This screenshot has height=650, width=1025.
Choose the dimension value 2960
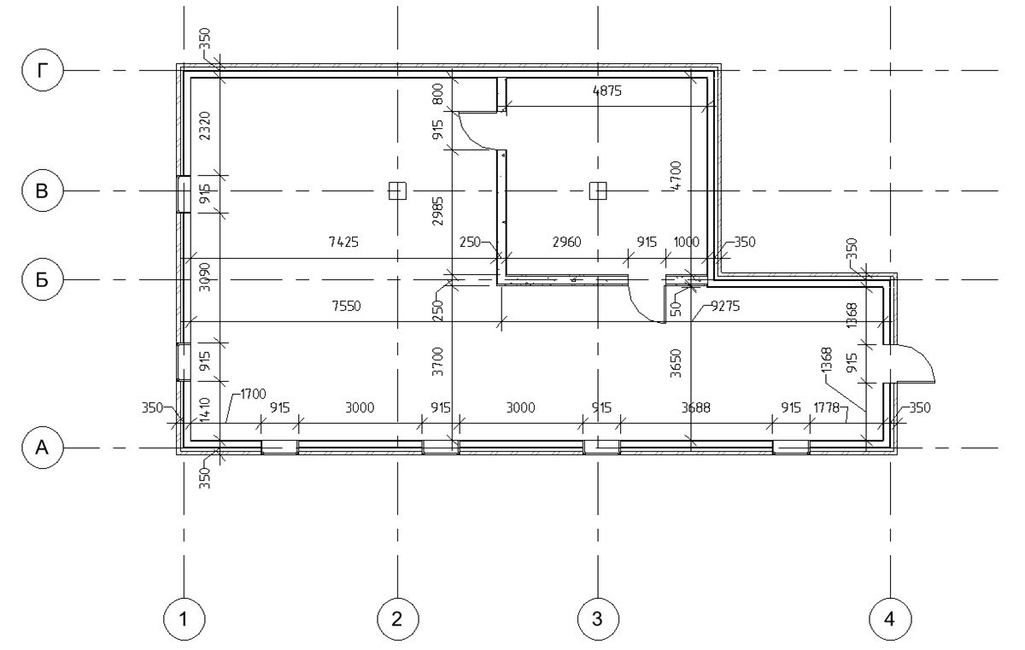coord(565,243)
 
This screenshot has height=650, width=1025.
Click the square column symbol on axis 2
coord(397,190)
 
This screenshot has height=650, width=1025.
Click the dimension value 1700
coord(250,395)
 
